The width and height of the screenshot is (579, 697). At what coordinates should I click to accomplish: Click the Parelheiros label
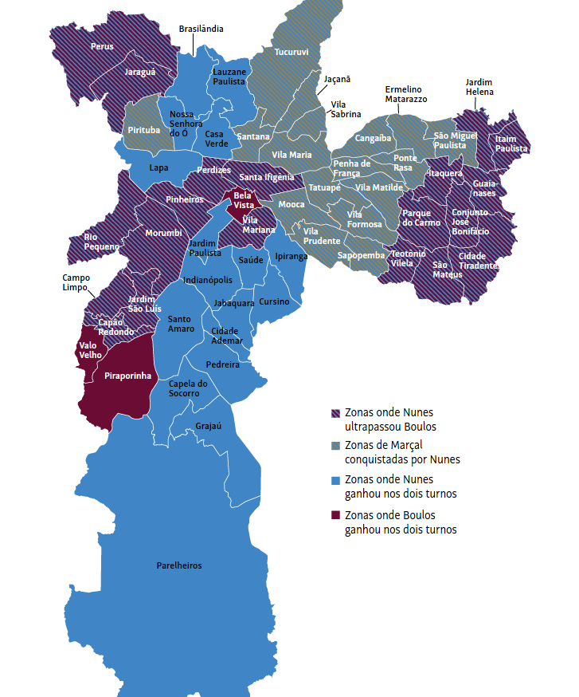pyautogui.click(x=178, y=565)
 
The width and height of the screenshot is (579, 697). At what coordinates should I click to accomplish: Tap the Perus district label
pyautogui.click(x=102, y=46)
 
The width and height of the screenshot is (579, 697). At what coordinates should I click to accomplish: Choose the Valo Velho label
pyautogui.click(x=88, y=350)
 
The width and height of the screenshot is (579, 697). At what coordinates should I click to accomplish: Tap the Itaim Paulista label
pyautogui.click(x=511, y=144)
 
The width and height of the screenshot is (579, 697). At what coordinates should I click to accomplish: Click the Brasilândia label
pyautogui.click(x=201, y=29)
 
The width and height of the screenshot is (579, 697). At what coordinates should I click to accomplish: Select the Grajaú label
pyautogui.click(x=208, y=426)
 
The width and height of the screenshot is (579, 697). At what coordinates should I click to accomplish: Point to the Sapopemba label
pyautogui.click(x=361, y=255)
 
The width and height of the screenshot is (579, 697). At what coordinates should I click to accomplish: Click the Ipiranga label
pyautogui.click(x=291, y=256)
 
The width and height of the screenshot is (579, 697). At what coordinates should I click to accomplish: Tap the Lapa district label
pyautogui.click(x=158, y=167)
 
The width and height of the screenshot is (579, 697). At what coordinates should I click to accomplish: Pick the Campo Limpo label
pyautogui.click(x=76, y=283)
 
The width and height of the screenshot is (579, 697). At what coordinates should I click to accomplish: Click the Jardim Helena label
pyautogui.click(x=479, y=87)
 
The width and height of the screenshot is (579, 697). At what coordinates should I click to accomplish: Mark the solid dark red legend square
pyautogui.click(x=336, y=515)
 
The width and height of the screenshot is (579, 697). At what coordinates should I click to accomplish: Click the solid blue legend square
pyautogui.click(x=336, y=480)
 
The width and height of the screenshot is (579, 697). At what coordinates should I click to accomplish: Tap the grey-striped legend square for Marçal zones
pyautogui.click(x=336, y=447)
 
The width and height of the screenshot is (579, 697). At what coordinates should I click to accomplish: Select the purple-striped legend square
pyautogui.click(x=336, y=413)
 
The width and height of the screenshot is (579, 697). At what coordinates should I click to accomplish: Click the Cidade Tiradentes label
pyautogui.click(x=478, y=261)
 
